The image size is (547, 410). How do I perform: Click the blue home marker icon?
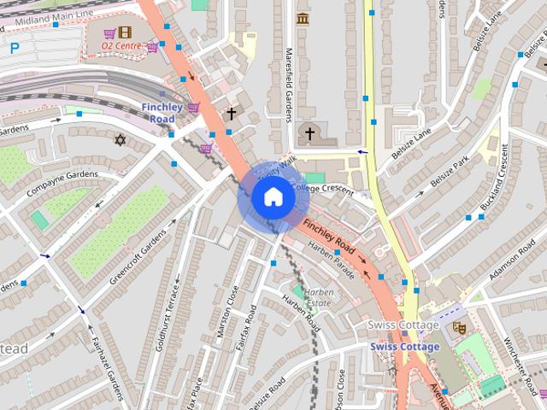click(273, 197)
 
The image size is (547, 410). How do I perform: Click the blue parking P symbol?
click(15, 49)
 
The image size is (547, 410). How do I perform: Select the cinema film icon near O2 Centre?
click(126, 32)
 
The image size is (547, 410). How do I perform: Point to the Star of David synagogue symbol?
click(120, 138)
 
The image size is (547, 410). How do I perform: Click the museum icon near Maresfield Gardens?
click(302, 19)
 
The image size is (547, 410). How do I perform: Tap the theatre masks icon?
click(458, 325)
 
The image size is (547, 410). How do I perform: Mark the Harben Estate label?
click(318, 297)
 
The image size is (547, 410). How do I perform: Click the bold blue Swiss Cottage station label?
click(404, 347)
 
